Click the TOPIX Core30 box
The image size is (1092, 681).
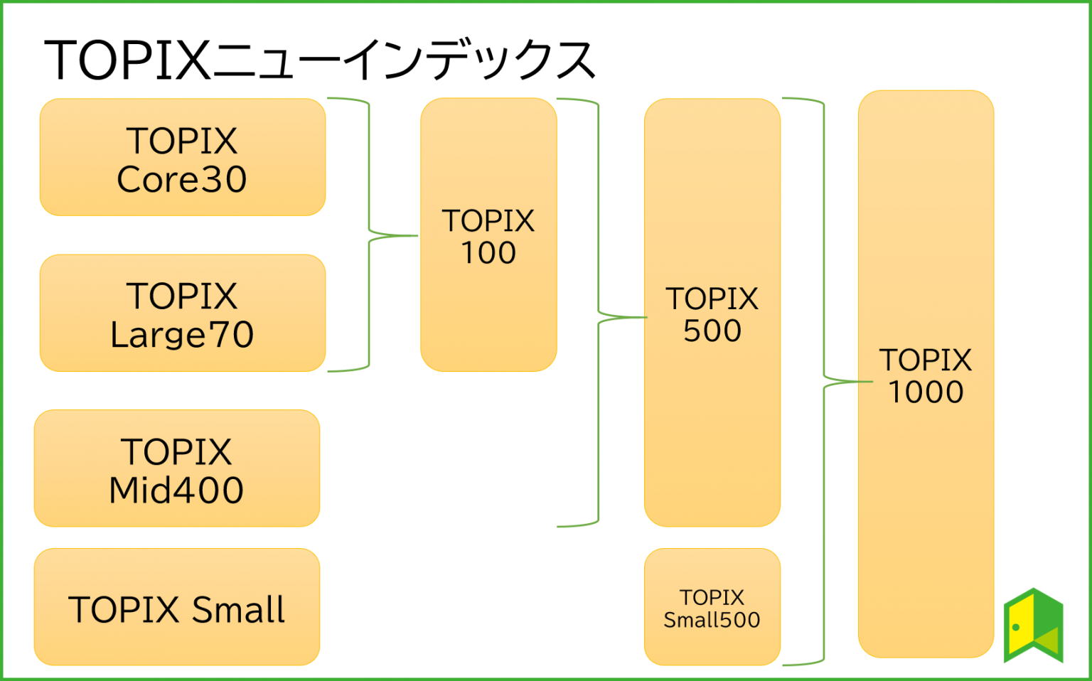click(x=182, y=157)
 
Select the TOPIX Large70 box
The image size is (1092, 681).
click(x=182, y=313)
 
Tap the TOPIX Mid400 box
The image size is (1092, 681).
click(x=176, y=468)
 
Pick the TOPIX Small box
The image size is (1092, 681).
click(x=176, y=607)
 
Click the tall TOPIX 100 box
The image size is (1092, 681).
click(x=488, y=235)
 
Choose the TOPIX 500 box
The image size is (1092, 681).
click(x=712, y=313)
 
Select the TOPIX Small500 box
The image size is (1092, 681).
click(x=712, y=607)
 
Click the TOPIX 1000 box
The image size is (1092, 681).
click(x=926, y=374)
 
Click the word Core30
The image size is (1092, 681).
click(x=182, y=179)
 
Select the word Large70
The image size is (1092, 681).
click(x=182, y=335)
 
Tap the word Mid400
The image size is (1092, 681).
click(x=176, y=490)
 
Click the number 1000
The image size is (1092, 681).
click(x=926, y=392)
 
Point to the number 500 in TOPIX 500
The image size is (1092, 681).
click(x=712, y=331)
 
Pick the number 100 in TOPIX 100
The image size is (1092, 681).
click(x=488, y=253)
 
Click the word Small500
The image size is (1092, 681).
click(x=712, y=620)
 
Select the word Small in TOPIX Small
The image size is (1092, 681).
click(x=238, y=610)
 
